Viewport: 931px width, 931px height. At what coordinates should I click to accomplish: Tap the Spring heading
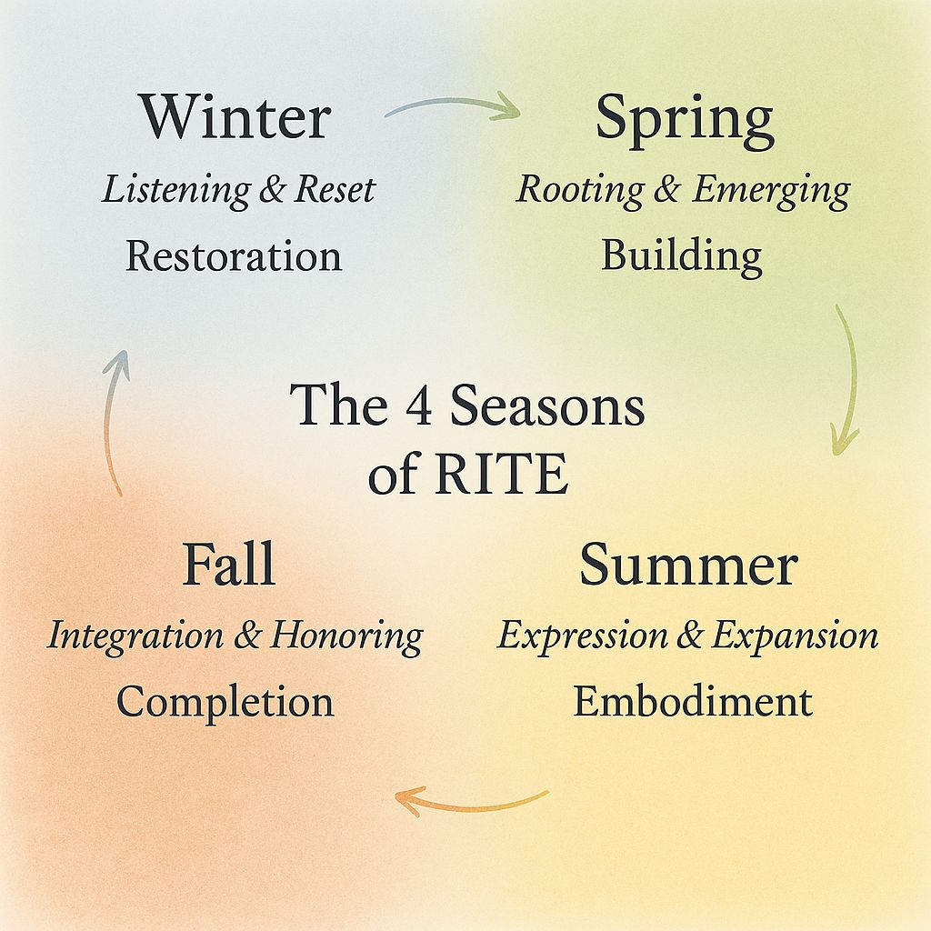coord(685,122)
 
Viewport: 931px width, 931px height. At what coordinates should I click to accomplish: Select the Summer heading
coord(689,564)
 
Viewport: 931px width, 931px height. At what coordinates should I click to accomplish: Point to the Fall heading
coord(229,564)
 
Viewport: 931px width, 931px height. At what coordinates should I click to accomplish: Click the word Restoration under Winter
coord(234,255)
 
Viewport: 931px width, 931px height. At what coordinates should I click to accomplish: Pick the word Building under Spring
coord(682,256)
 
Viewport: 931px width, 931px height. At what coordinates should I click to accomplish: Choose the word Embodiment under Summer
coord(692,701)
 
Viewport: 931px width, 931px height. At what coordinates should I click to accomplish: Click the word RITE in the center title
coord(502,474)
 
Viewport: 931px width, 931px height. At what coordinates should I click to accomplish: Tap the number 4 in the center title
coord(419,405)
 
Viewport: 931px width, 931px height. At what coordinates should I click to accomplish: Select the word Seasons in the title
coord(547,405)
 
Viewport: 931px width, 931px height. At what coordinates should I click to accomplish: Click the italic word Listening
coord(175,191)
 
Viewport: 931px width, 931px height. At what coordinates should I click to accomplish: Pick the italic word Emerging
coord(772,191)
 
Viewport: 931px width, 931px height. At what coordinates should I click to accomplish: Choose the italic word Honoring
coord(346,637)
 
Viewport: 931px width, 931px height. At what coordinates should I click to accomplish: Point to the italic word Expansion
coord(795,636)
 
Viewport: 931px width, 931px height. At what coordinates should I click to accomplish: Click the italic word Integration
coord(136,637)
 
